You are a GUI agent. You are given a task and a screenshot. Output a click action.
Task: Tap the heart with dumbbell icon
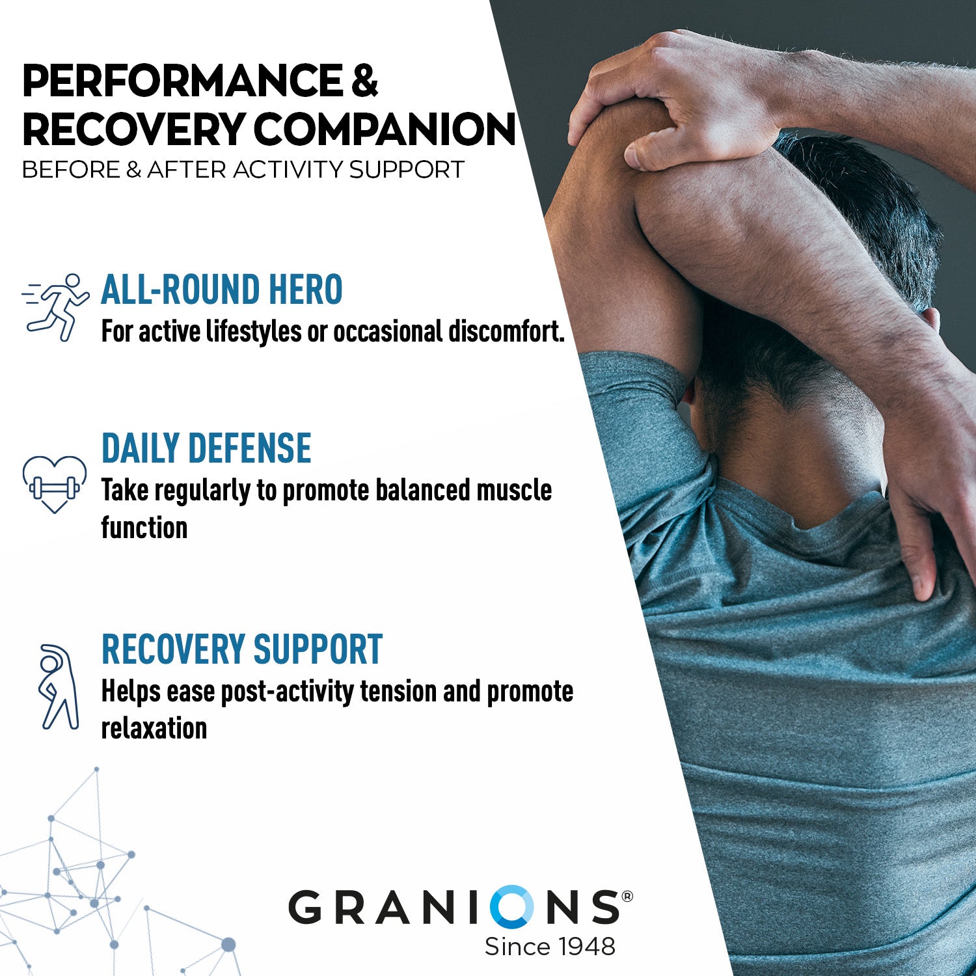(55, 484)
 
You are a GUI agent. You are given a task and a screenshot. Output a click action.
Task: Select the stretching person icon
(57, 686)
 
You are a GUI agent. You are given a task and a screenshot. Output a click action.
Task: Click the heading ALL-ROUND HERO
(222, 290)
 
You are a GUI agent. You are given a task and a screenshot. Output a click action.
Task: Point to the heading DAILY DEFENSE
(206, 448)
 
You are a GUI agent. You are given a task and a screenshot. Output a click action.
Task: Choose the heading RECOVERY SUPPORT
(242, 649)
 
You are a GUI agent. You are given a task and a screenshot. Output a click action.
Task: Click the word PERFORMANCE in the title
(182, 81)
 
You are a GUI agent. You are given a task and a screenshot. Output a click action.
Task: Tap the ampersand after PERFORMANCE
(364, 81)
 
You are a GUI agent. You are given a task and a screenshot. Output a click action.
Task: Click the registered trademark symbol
(627, 896)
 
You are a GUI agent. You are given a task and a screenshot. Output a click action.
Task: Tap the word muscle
(514, 490)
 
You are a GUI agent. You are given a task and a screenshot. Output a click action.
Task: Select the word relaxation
(154, 728)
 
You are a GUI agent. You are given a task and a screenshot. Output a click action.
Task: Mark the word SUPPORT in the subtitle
(407, 170)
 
